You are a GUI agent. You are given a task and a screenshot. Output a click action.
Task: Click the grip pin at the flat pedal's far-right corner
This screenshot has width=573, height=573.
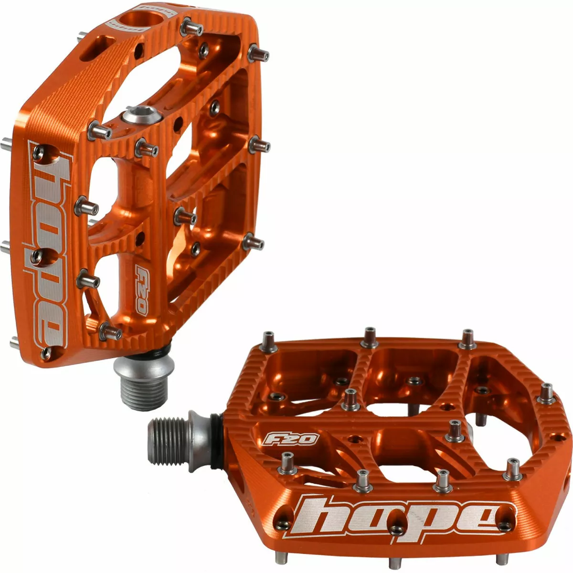click(547, 393)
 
